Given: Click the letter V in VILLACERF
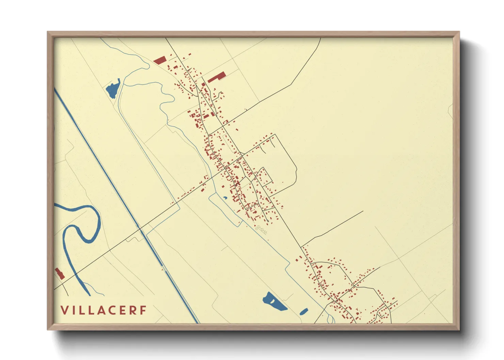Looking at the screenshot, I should (64, 310).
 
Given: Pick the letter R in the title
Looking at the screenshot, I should (133, 310).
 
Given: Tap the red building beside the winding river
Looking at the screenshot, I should (60, 274).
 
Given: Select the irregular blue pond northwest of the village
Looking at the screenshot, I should (113, 89).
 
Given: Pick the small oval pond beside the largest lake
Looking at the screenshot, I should (303, 311).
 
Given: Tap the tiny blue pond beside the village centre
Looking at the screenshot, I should (225, 198).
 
